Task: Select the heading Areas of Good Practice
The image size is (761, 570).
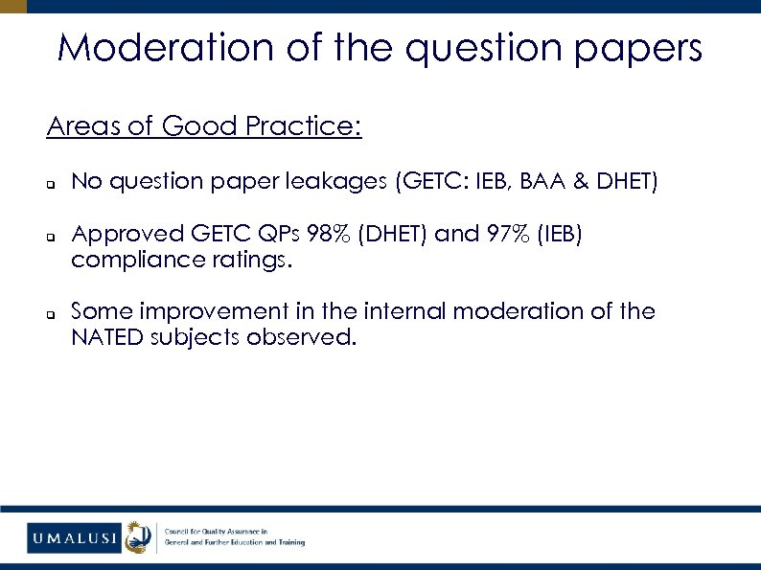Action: pyautogui.click(x=204, y=125)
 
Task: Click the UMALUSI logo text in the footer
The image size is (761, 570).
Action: pyautogui.click(x=73, y=537)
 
